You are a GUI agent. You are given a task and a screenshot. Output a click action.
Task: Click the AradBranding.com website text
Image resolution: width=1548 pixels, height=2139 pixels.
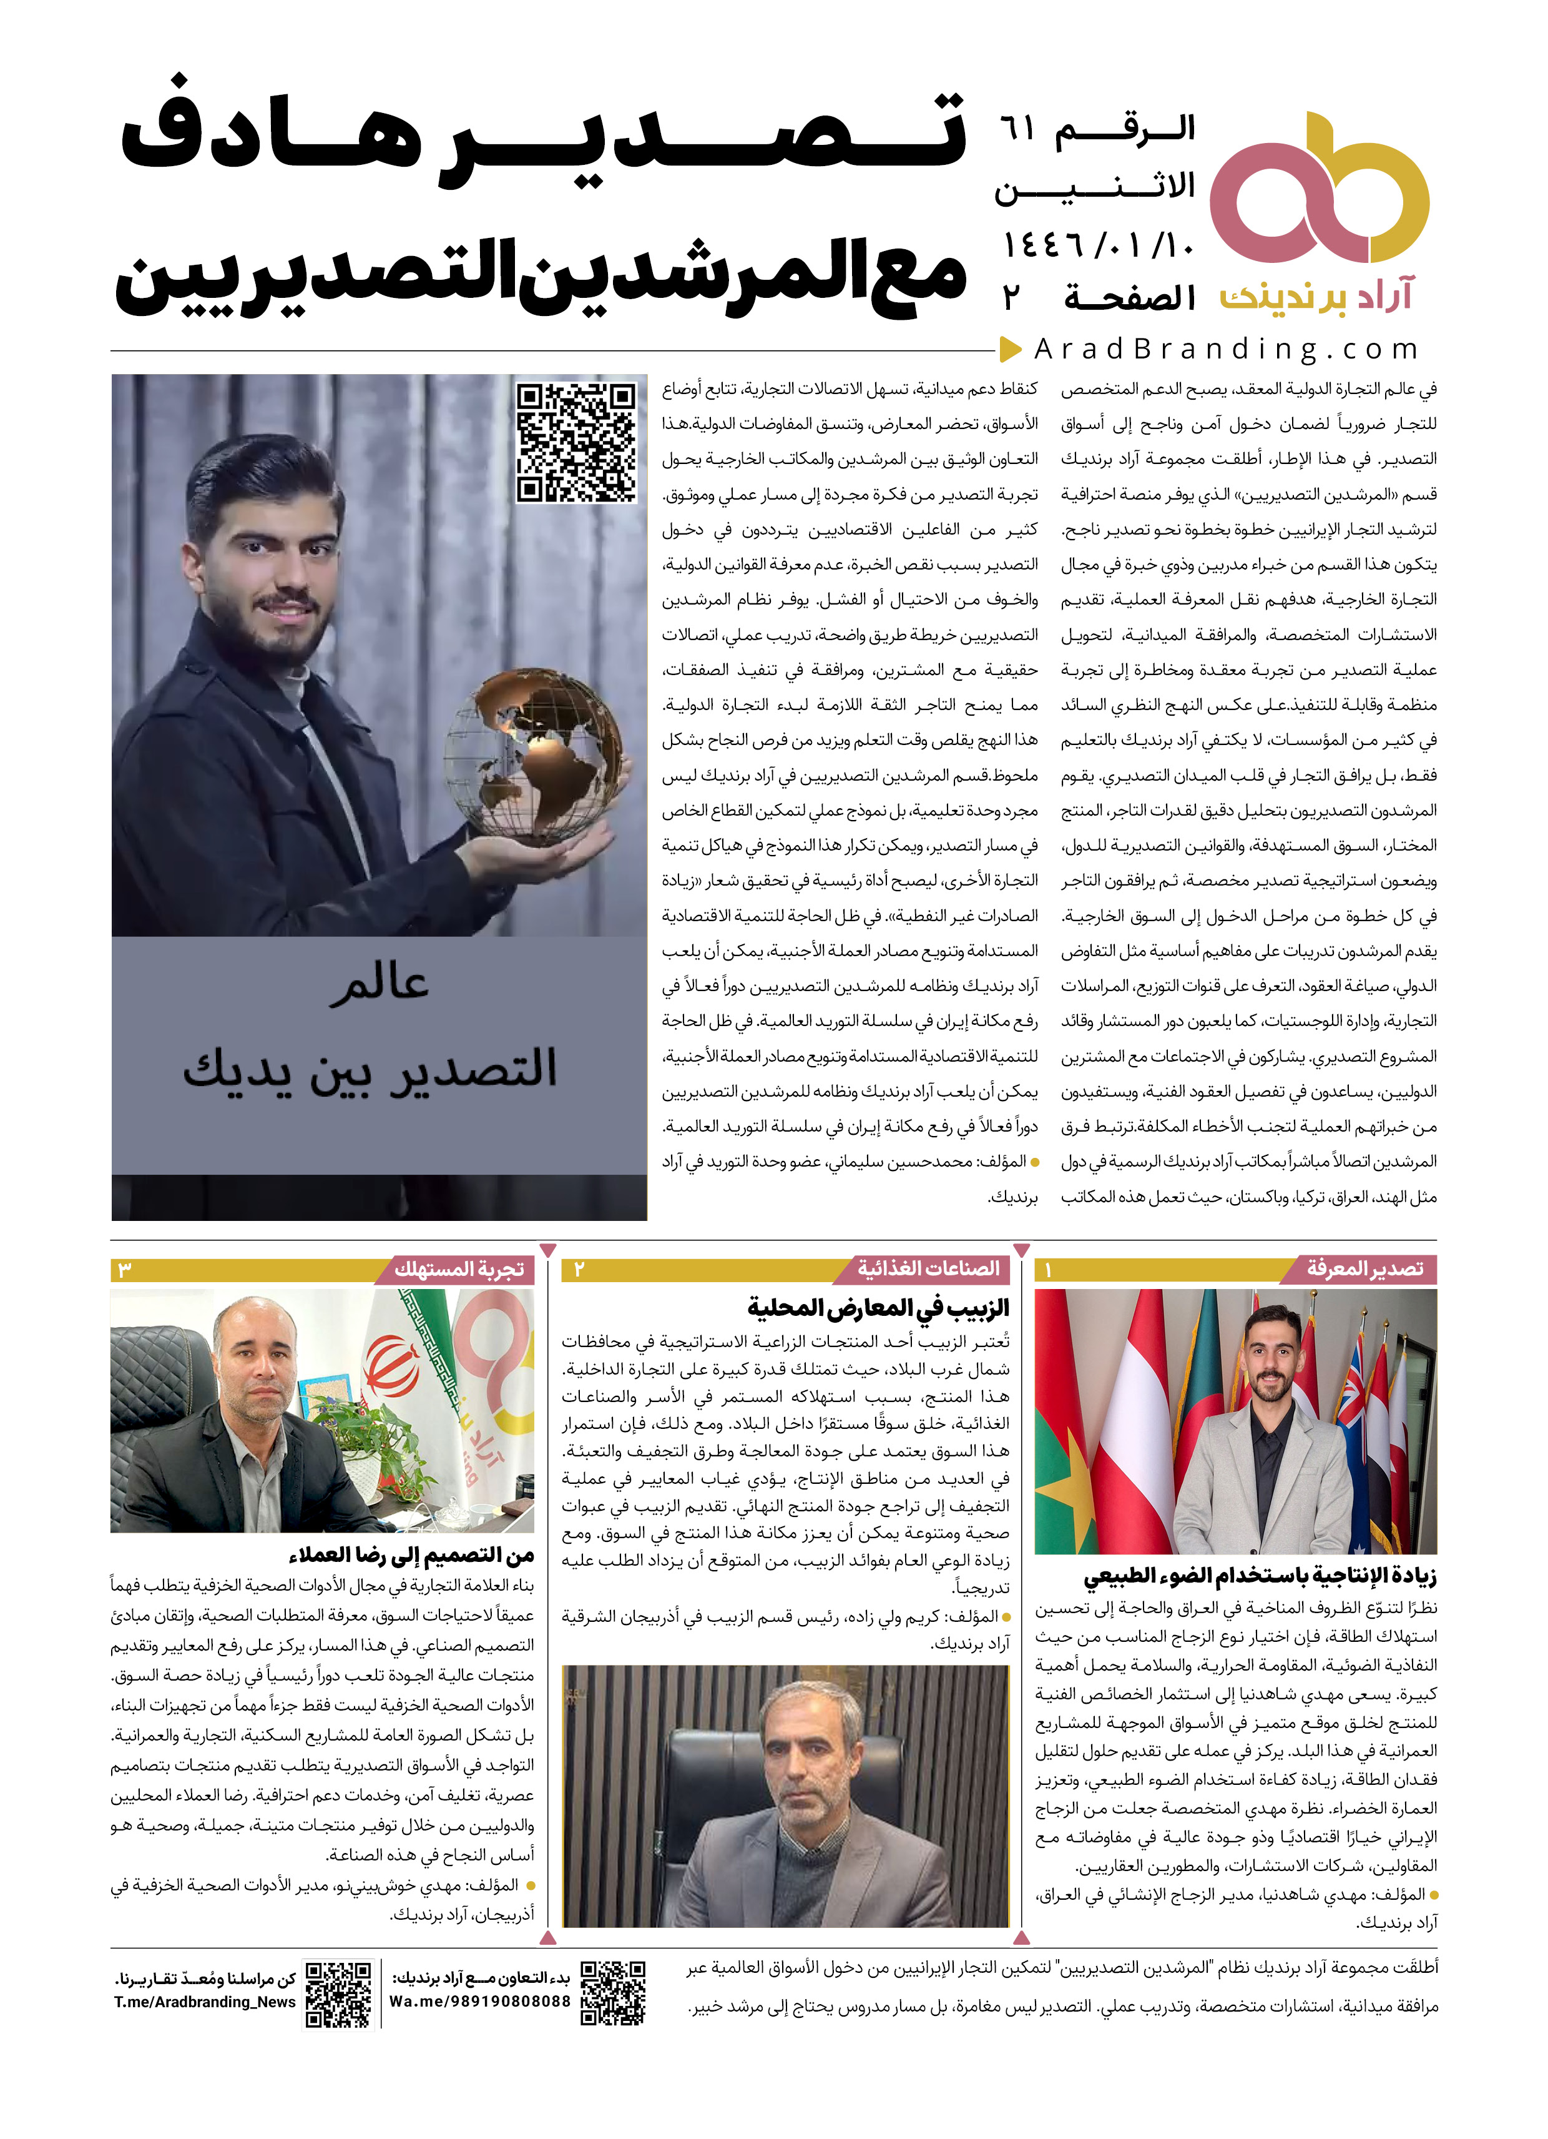pos(1225,349)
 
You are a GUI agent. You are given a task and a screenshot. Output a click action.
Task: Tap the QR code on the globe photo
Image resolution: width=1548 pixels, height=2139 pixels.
pos(576,442)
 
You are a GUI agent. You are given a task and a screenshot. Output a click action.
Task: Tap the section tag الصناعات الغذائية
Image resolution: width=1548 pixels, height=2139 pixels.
pos(928,1270)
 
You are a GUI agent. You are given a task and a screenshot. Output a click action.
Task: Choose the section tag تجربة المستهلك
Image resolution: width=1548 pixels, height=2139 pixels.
pos(460,1270)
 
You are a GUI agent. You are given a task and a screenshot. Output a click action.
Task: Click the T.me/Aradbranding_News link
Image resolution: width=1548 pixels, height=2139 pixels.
pos(205,2002)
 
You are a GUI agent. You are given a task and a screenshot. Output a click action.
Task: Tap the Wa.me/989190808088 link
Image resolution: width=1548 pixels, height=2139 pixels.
pos(480,2002)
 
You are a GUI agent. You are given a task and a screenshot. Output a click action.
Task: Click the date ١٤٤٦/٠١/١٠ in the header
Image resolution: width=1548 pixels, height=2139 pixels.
pos(1099,247)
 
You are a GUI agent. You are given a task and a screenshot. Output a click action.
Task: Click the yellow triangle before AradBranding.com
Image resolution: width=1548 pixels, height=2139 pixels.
pos(1011,350)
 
